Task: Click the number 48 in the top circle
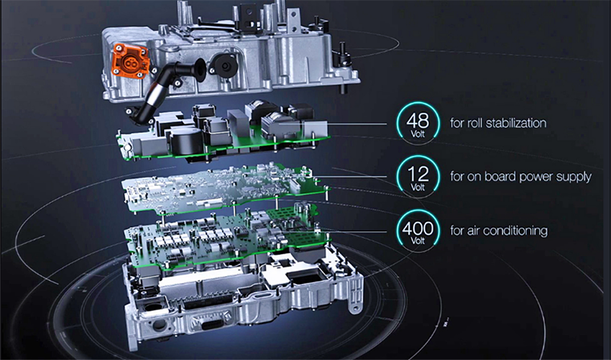click(x=418, y=121)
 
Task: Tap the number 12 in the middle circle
click(x=418, y=175)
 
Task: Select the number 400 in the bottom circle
click(x=418, y=229)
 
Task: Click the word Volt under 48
click(x=418, y=134)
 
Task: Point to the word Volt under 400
click(x=418, y=241)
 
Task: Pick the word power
click(x=536, y=177)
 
